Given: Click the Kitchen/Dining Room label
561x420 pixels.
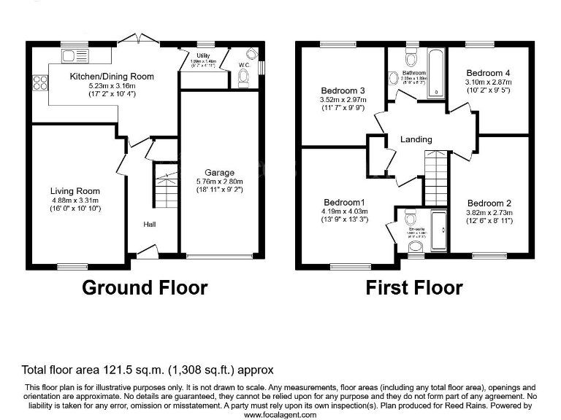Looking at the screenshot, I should click(112, 76).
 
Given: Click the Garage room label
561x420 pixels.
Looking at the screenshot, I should click(219, 173).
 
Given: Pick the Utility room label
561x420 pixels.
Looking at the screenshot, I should click(204, 55).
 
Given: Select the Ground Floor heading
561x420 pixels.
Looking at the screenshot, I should click(145, 287).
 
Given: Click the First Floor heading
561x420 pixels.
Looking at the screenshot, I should click(414, 287).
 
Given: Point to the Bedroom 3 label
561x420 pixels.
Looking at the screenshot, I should click(342, 90).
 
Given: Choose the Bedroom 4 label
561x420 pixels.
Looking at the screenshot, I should click(489, 73).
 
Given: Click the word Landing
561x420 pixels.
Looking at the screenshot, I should click(416, 139).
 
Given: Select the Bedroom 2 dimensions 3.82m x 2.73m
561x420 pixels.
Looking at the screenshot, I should click(489, 213).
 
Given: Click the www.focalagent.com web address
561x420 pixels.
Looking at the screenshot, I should click(280, 414).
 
